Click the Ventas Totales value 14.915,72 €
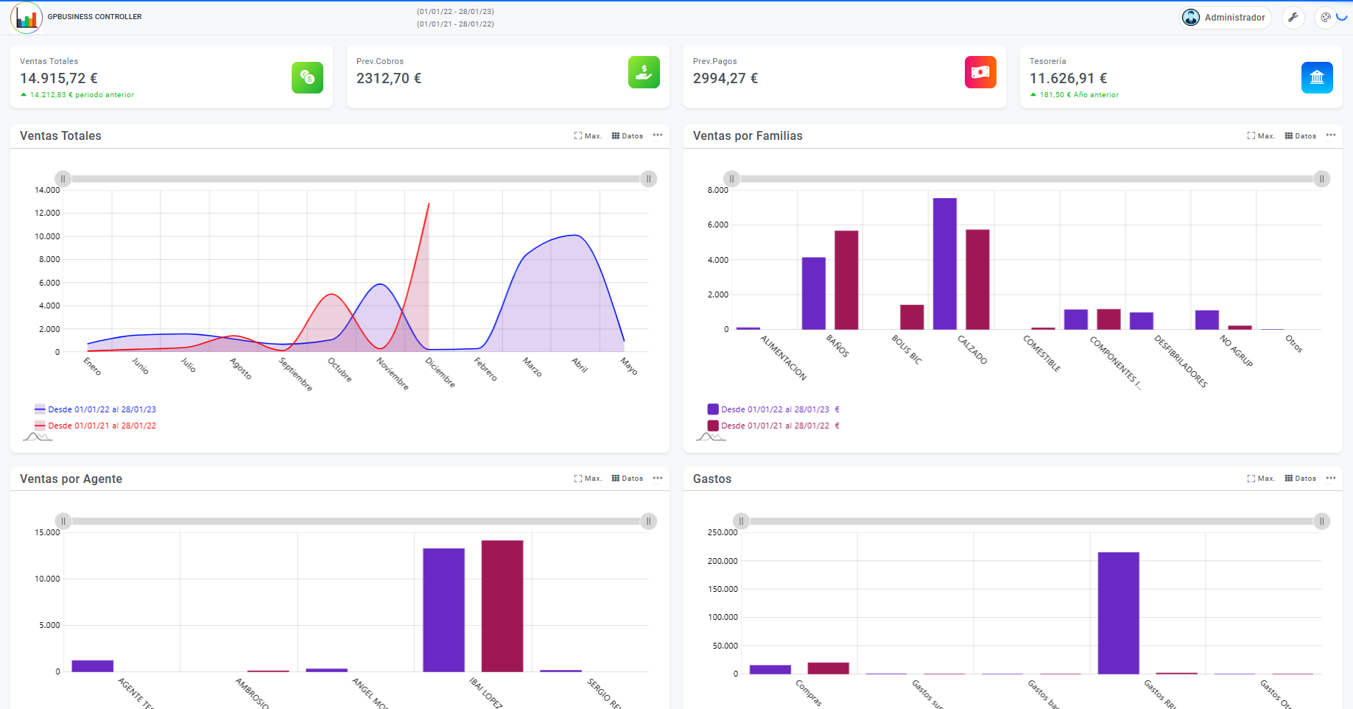click(x=59, y=79)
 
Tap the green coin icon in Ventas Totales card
click(x=307, y=77)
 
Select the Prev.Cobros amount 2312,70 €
click(x=389, y=79)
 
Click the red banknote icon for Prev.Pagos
click(x=980, y=72)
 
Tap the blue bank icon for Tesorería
click(x=1317, y=77)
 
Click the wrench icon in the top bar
click(x=1293, y=18)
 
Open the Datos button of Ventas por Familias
click(x=1301, y=136)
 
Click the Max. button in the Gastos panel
click(x=1261, y=479)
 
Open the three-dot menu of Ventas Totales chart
click(x=658, y=135)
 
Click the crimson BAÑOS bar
click(x=846, y=280)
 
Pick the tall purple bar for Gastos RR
click(x=1118, y=613)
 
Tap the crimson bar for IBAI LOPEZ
click(x=502, y=606)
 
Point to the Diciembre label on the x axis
click(x=440, y=373)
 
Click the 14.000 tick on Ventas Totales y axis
click(x=47, y=190)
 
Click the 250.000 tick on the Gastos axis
click(x=723, y=532)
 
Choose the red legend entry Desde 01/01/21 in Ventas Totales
click(x=102, y=426)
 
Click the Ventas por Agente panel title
click(x=71, y=479)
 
